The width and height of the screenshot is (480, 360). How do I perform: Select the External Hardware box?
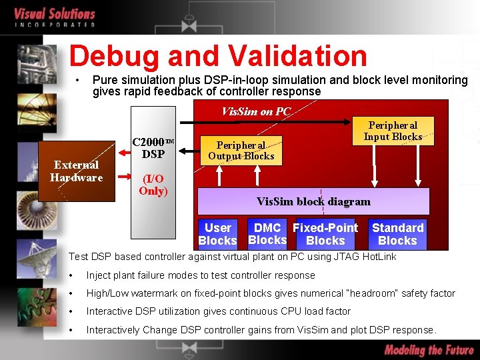coord(76,171)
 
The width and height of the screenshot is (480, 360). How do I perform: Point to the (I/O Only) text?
coord(153,185)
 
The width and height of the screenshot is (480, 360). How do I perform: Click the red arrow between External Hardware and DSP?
coord(123,177)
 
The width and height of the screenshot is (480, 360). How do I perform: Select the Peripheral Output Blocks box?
coord(241,151)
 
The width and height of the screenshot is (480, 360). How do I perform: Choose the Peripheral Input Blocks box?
coord(393,131)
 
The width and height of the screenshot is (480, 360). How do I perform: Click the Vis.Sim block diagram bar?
coord(313,201)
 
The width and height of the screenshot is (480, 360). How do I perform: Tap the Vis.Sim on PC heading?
coord(256,111)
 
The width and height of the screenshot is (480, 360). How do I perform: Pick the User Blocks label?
coord(217,234)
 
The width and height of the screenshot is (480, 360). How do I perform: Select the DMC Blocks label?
coord(267,234)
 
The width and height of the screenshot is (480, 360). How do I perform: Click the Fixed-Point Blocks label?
coord(325,234)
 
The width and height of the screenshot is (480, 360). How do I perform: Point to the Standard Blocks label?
coord(397,234)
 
